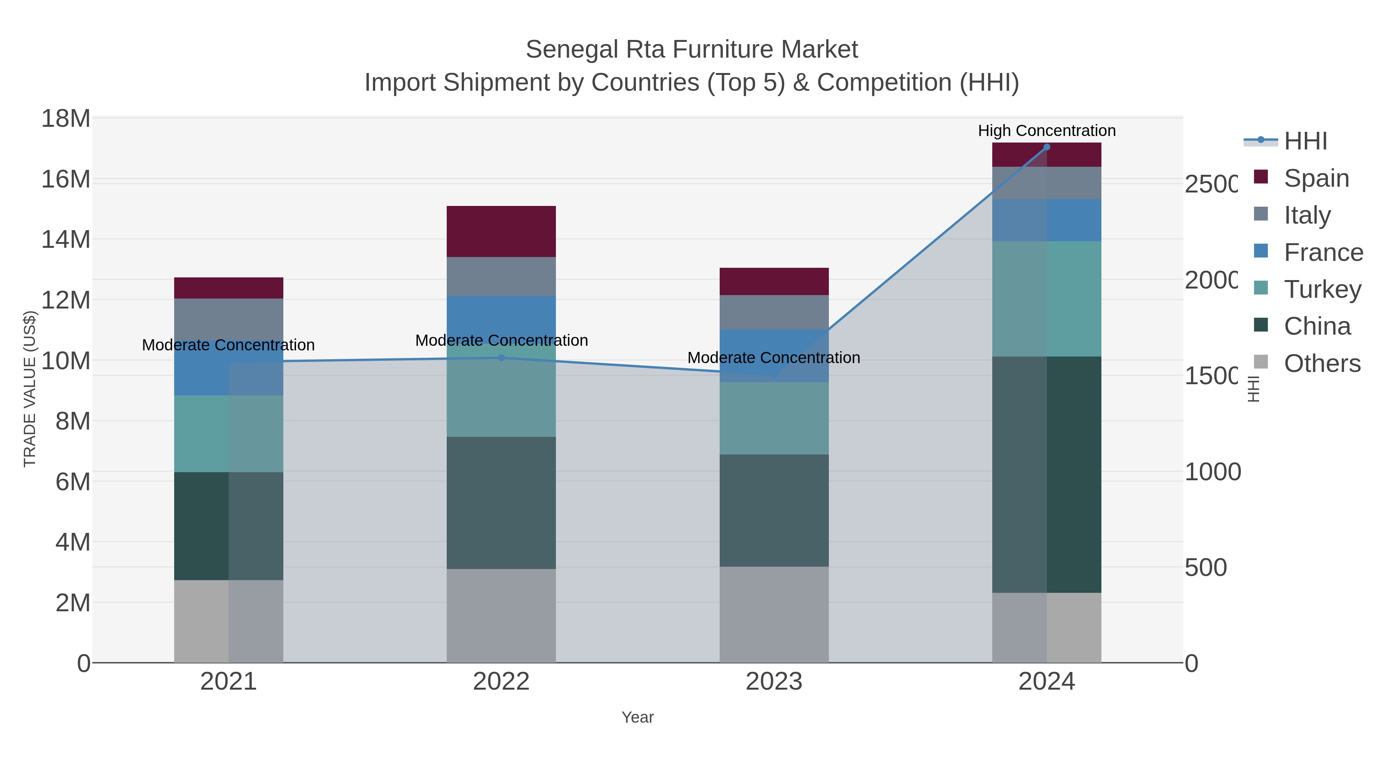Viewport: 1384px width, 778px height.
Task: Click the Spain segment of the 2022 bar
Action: point(501,231)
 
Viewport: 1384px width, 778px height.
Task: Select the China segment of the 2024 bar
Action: point(1046,474)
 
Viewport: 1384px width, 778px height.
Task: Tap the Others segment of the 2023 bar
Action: point(774,614)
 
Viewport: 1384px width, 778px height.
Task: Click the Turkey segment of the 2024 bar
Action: point(1046,299)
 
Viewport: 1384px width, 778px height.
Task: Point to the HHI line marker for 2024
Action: point(1046,147)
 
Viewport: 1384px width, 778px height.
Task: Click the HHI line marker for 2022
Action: point(501,358)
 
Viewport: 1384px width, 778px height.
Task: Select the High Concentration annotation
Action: point(1046,131)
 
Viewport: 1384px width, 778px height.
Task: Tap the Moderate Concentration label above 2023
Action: point(774,358)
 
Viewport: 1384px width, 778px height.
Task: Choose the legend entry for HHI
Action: point(1306,141)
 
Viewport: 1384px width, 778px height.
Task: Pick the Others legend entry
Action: point(1322,363)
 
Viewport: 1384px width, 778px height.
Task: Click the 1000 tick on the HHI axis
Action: point(1213,472)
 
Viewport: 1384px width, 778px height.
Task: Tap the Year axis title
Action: point(638,717)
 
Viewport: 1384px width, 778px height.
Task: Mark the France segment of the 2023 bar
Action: point(774,355)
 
